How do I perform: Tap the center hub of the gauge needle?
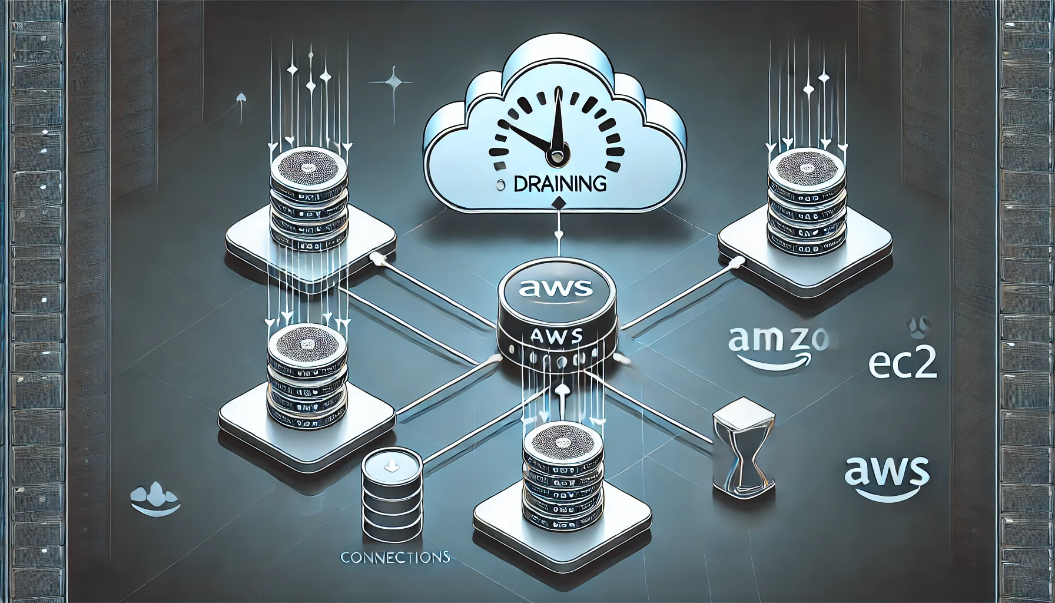click(x=556, y=156)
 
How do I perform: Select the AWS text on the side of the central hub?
click(x=556, y=336)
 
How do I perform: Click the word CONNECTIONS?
click(x=395, y=557)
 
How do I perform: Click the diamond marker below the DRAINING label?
click(x=558, y=204)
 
